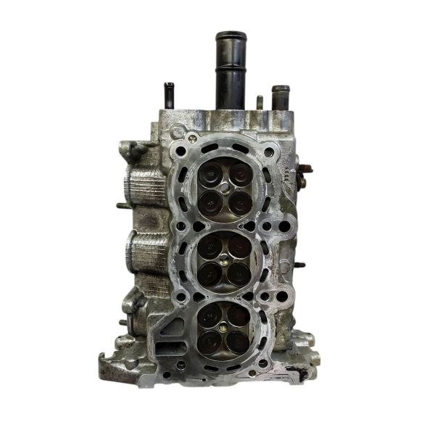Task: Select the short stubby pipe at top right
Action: pos(280,98)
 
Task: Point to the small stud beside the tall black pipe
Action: pos(259,102)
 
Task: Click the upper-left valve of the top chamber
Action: pos(212,173)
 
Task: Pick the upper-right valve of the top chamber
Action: pos(239,173)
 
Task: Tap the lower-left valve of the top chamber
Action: pos(211,201)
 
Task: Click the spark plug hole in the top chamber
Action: pos(225,187)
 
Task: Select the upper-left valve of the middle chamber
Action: pos(210,247)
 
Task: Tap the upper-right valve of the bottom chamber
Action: pos(239,313)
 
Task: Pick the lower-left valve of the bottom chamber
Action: pos(211,339)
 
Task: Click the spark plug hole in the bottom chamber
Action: pos(225,327)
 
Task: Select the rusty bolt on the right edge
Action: pos(304,171)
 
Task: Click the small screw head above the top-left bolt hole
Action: pos(192,137)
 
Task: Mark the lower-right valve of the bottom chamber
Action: pos(238,340)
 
